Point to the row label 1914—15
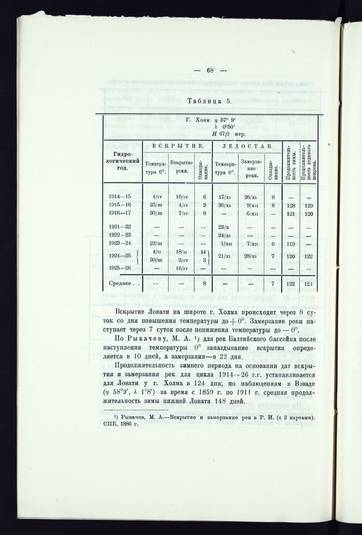(119, 197)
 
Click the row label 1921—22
(119, 227)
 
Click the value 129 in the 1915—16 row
(309, 205)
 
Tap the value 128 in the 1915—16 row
(292, 205)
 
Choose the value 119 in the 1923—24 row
(292, 243)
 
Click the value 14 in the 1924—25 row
(204, 251)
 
